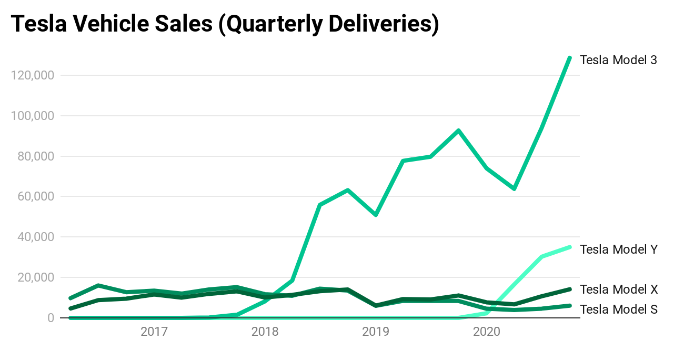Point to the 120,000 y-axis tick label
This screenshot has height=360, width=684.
tap(32, 75)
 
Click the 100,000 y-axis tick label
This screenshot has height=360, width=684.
tap(32, 116)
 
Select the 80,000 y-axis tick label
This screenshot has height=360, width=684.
tap(35, 156)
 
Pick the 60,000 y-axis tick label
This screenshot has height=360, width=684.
tap(35, 196)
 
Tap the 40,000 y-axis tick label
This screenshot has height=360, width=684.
tap(35, 237)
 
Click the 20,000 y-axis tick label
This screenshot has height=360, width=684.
tap(35, 277)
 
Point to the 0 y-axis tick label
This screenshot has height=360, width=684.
tap(51, 318)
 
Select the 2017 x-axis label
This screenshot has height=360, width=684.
tap(154, 332)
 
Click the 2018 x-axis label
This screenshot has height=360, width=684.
tap(265, 332)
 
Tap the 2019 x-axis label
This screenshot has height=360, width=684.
tap(376, 332)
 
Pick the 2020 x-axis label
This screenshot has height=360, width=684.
tap(487, 332)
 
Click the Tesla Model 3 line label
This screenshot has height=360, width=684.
tap(618, 60)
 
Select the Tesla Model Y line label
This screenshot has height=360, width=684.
tap(618, 249)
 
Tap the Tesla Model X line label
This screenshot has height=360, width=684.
tap(618, 289)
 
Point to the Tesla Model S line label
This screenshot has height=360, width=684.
tap(618, 309)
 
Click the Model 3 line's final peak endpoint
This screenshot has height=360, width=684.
tap(570, 57)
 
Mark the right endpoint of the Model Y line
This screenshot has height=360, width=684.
tap(570, 247)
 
